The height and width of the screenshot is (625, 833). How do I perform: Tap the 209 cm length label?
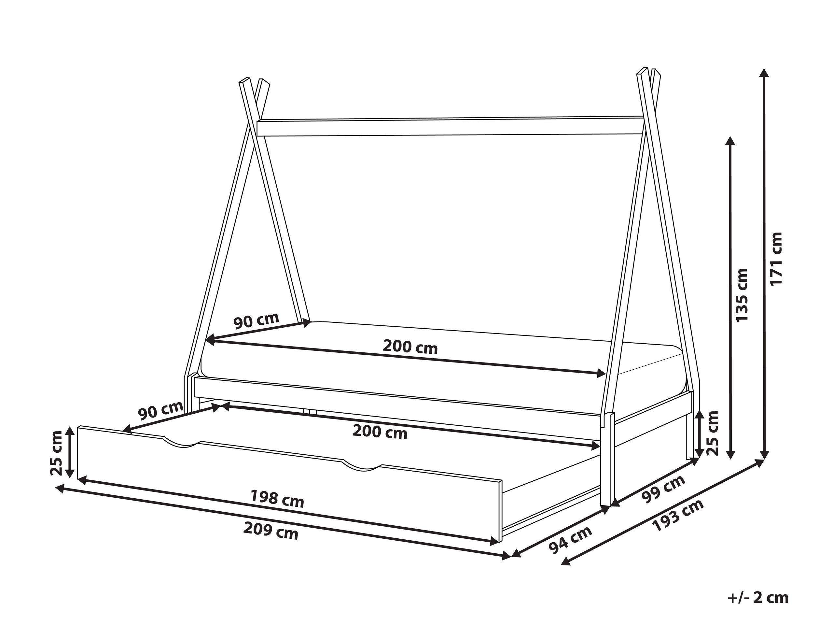[271, 531]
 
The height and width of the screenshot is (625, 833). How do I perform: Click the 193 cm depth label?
[679, 516]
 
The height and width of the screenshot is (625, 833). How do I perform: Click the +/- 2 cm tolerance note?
[746, 598]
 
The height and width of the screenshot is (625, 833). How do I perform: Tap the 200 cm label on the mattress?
[410, 347]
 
